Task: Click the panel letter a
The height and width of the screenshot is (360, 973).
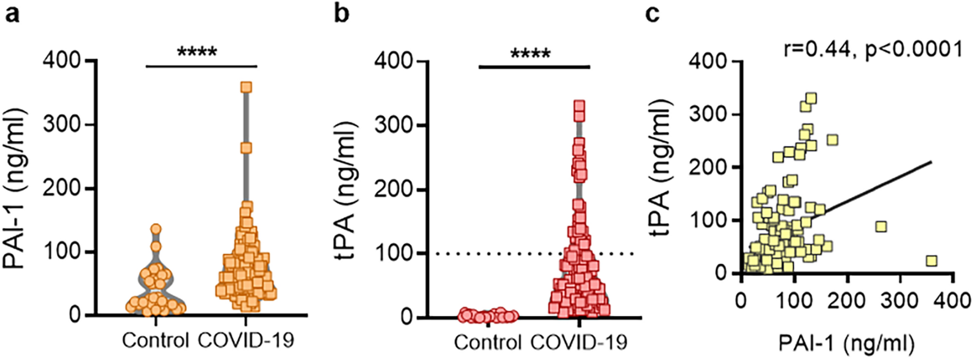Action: (x=12, y=15)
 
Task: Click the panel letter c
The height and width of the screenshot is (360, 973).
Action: (x=652, y=15)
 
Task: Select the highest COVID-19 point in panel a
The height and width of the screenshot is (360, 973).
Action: (x=246, y=88)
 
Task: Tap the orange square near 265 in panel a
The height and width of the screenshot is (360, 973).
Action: (x=246, y=147)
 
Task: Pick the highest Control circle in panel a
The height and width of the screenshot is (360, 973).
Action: (x=156, y=229)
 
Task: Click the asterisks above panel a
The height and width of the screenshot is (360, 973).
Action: (x=197, y=52)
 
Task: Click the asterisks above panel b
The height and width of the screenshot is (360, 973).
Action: (x=531, y=53)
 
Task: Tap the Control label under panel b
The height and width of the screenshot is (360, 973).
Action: (x=487, y=342)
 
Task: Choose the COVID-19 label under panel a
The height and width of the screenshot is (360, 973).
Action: (x=246, y=340)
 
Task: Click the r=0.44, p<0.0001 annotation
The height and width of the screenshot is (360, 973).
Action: (x=873, y=49)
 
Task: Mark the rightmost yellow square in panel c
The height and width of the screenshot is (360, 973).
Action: (x=931, y=261)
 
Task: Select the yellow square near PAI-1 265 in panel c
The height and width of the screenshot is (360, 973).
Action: (x=881, y=227)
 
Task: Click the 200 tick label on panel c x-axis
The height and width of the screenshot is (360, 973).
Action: (x=847, y=300)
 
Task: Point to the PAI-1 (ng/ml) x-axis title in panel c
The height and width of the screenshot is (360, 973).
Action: (x=846, y=343)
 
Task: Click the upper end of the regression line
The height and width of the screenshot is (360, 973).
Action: (x=931, y=162)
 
